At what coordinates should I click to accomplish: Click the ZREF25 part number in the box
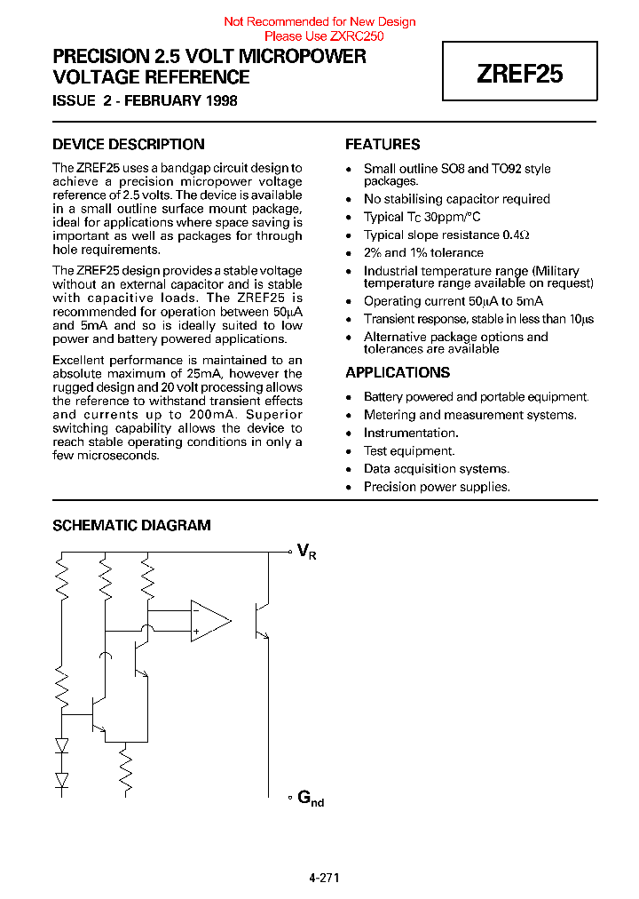point(519,75)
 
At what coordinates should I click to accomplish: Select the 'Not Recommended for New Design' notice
point(319,21)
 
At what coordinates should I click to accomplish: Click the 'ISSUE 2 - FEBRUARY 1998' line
point(145,100)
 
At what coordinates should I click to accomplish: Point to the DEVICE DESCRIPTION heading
point(129,144)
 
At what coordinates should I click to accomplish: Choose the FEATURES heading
point(383,144)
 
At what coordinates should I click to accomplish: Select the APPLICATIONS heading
point(398,372)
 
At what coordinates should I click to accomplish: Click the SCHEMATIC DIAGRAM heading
point(131,525)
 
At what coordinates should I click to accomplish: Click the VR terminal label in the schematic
point(306,553)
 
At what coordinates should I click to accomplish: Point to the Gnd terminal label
point(310,799)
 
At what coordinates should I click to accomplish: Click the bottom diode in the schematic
point(61,780)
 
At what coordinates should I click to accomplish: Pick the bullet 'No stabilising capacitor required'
point(456,199)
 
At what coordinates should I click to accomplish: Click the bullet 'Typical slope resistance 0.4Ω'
point(446,235)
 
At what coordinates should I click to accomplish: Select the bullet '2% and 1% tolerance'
point(423,252)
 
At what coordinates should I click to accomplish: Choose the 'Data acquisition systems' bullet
point(436,468)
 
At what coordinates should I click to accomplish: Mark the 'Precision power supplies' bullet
point(437,486)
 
